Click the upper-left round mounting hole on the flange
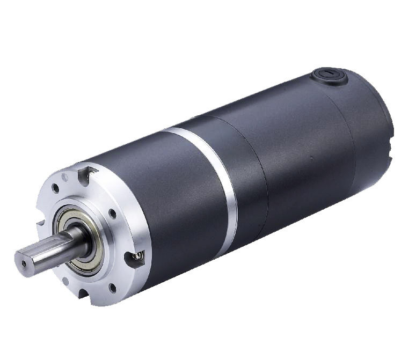click(55, 188)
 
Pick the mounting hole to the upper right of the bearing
click(113, 214)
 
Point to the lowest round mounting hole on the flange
click(112, 288)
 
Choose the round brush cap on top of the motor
click(328, 76)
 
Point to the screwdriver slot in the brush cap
click(326, 72)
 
